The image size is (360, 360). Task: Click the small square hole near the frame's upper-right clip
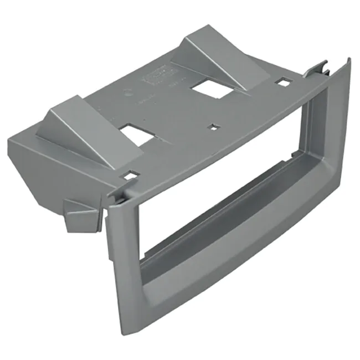(284, 83)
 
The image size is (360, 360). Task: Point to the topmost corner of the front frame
(348, 60)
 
